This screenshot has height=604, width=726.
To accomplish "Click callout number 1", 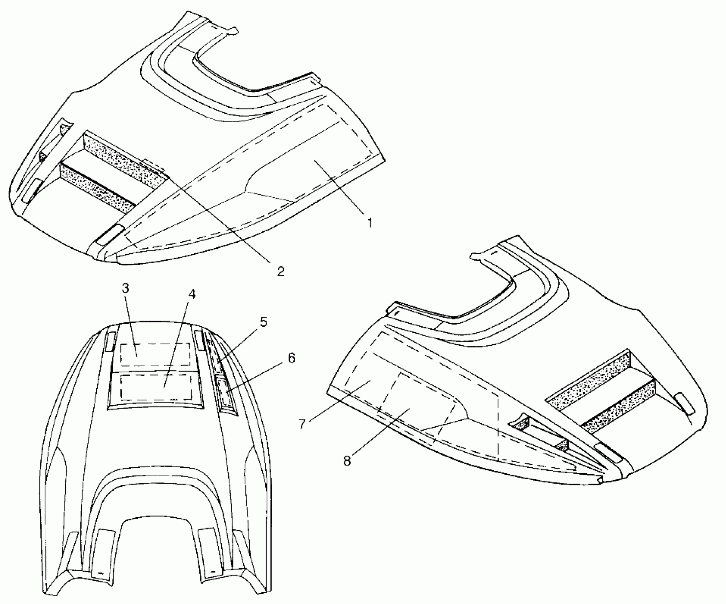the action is pyautogui.click(x=369, y=223).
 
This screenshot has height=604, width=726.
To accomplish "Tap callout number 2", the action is pyautogui.click(x=280, y=271).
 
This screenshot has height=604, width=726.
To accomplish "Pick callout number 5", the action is pyautogui.click(x=263, y=322).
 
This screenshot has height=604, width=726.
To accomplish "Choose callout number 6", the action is pyautogui.click(x=291, y=358).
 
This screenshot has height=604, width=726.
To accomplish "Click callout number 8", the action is pyautogui.click(x=347, y=460).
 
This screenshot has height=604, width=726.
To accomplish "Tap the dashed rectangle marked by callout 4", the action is pyautogui.click(x=156, y=386).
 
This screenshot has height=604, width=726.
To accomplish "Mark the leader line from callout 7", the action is pyautogui.click(x=337, y=401).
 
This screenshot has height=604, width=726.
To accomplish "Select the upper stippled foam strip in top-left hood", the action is pyautogui.click(x=124, y=156).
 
